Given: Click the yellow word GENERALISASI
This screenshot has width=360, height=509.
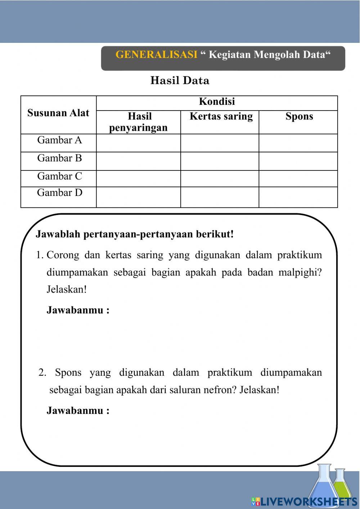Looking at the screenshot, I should [156, 55].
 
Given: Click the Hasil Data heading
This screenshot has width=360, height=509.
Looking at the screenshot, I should [180, 80].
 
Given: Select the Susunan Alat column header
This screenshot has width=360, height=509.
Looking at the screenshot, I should [58, 113].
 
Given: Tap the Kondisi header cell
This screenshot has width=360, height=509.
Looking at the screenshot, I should [217, 102].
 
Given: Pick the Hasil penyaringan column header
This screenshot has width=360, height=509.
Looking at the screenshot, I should [139, 122].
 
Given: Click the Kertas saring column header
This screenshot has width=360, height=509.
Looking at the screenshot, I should [221, 116].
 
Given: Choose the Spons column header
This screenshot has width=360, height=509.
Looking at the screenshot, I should [299, 116].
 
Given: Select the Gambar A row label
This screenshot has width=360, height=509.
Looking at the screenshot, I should [59, 140].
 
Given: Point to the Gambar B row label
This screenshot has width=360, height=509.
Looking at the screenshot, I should [59, 158].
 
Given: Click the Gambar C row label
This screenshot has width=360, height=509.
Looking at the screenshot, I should [59, 176].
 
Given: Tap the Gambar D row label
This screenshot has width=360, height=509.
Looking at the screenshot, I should [59, 193].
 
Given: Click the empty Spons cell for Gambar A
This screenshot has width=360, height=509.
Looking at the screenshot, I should [298, 143].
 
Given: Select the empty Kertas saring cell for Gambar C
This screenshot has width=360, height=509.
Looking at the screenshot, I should [220, 179].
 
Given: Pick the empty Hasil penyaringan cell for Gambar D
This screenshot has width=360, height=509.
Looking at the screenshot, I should [139, 197].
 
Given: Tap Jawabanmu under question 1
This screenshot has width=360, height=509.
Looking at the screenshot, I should [78, 310].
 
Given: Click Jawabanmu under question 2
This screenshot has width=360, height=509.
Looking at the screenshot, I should [78, 411].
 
